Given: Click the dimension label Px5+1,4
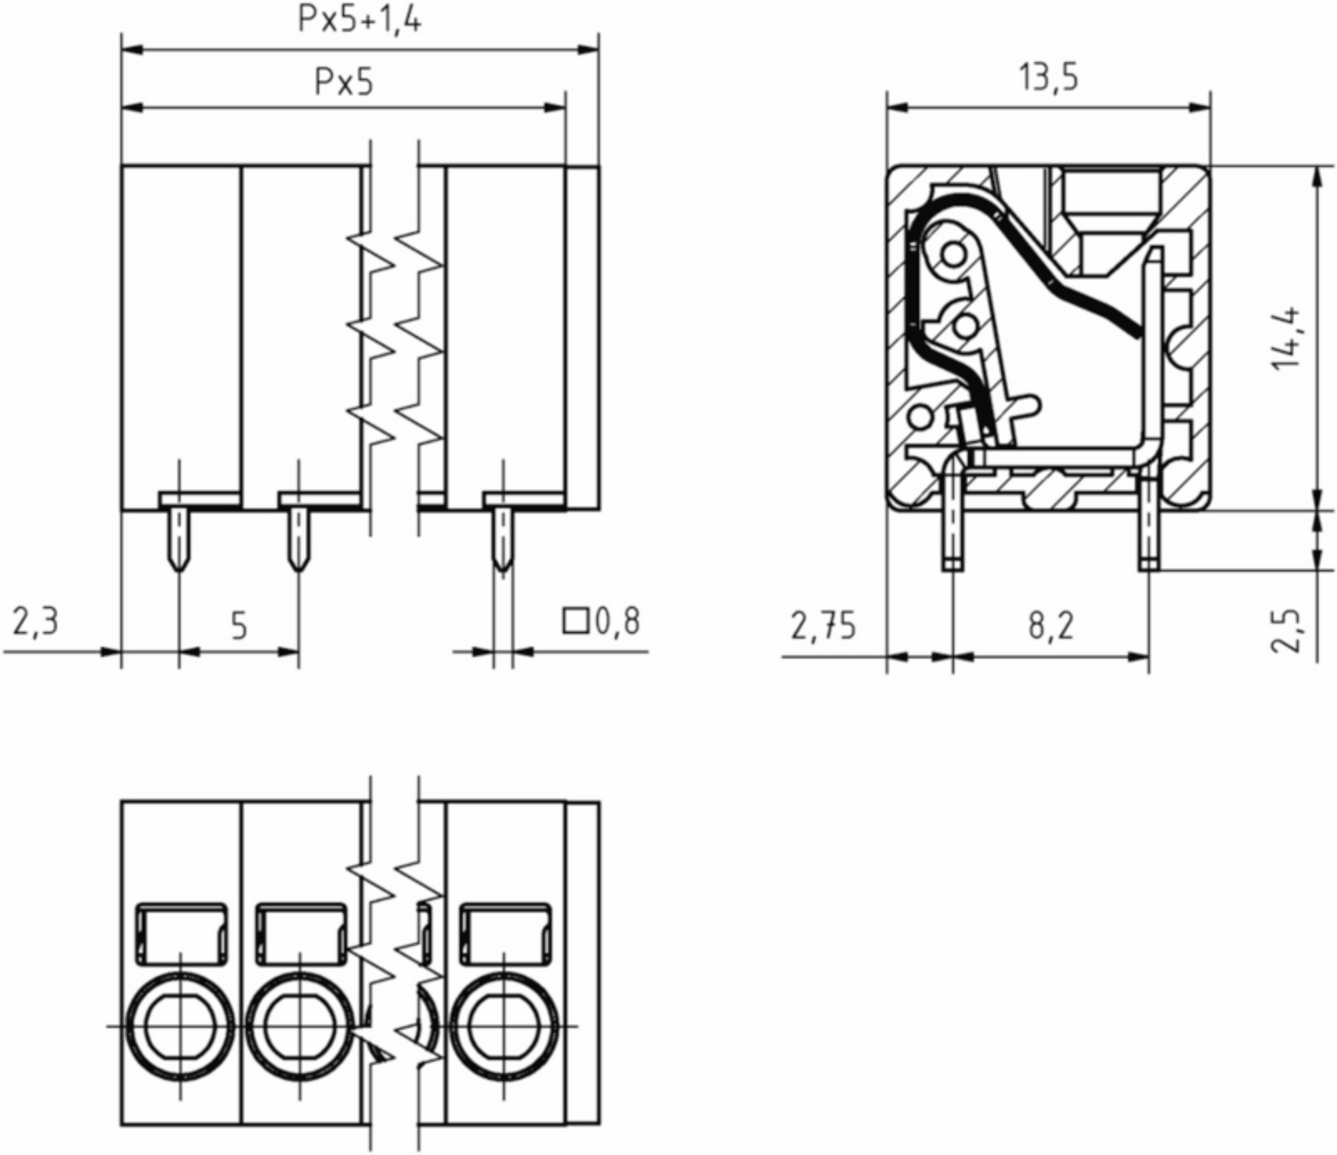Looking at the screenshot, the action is [x=359, y=20].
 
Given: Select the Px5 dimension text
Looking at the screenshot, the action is [x=344, y=82].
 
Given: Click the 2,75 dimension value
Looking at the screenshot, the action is [x=823, y=625].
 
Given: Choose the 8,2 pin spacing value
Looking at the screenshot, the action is [x=1051, y=625].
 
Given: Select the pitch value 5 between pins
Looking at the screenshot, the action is [x=240, y=625].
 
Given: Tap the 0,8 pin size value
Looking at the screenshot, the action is [x=617, y=621].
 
